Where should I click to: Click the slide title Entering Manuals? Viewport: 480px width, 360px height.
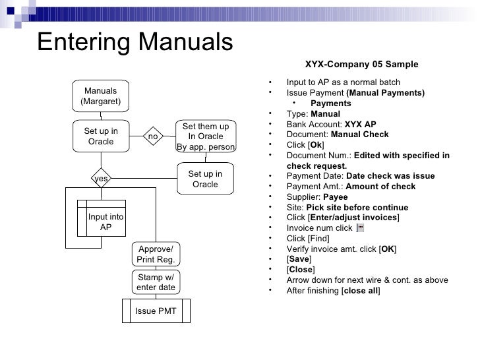click(135, 42)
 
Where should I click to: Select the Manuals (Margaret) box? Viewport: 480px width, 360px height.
click(101, 96)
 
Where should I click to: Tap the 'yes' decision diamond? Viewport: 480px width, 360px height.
click(101, 178)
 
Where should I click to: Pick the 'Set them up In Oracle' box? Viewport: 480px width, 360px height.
click(205, 136)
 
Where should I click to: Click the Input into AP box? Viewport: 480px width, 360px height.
click(105, 222)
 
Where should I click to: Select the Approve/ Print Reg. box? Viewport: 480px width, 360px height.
click(156, 254)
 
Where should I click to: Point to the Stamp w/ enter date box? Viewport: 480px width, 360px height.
click(156, 282)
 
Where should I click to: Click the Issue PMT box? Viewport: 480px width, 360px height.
click(156, 311)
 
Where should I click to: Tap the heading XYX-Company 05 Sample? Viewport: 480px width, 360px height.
click(361, 64)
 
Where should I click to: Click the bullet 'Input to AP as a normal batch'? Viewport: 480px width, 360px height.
click(343, 82)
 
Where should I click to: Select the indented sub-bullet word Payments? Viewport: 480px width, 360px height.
click(330, 104)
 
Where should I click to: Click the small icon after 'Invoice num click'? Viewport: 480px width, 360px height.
click(359, 228)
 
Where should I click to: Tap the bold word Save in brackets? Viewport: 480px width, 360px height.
click(297, 259)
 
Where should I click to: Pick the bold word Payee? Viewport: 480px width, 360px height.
click(336, 197)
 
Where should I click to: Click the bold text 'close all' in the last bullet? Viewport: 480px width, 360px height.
click(360, 291)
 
